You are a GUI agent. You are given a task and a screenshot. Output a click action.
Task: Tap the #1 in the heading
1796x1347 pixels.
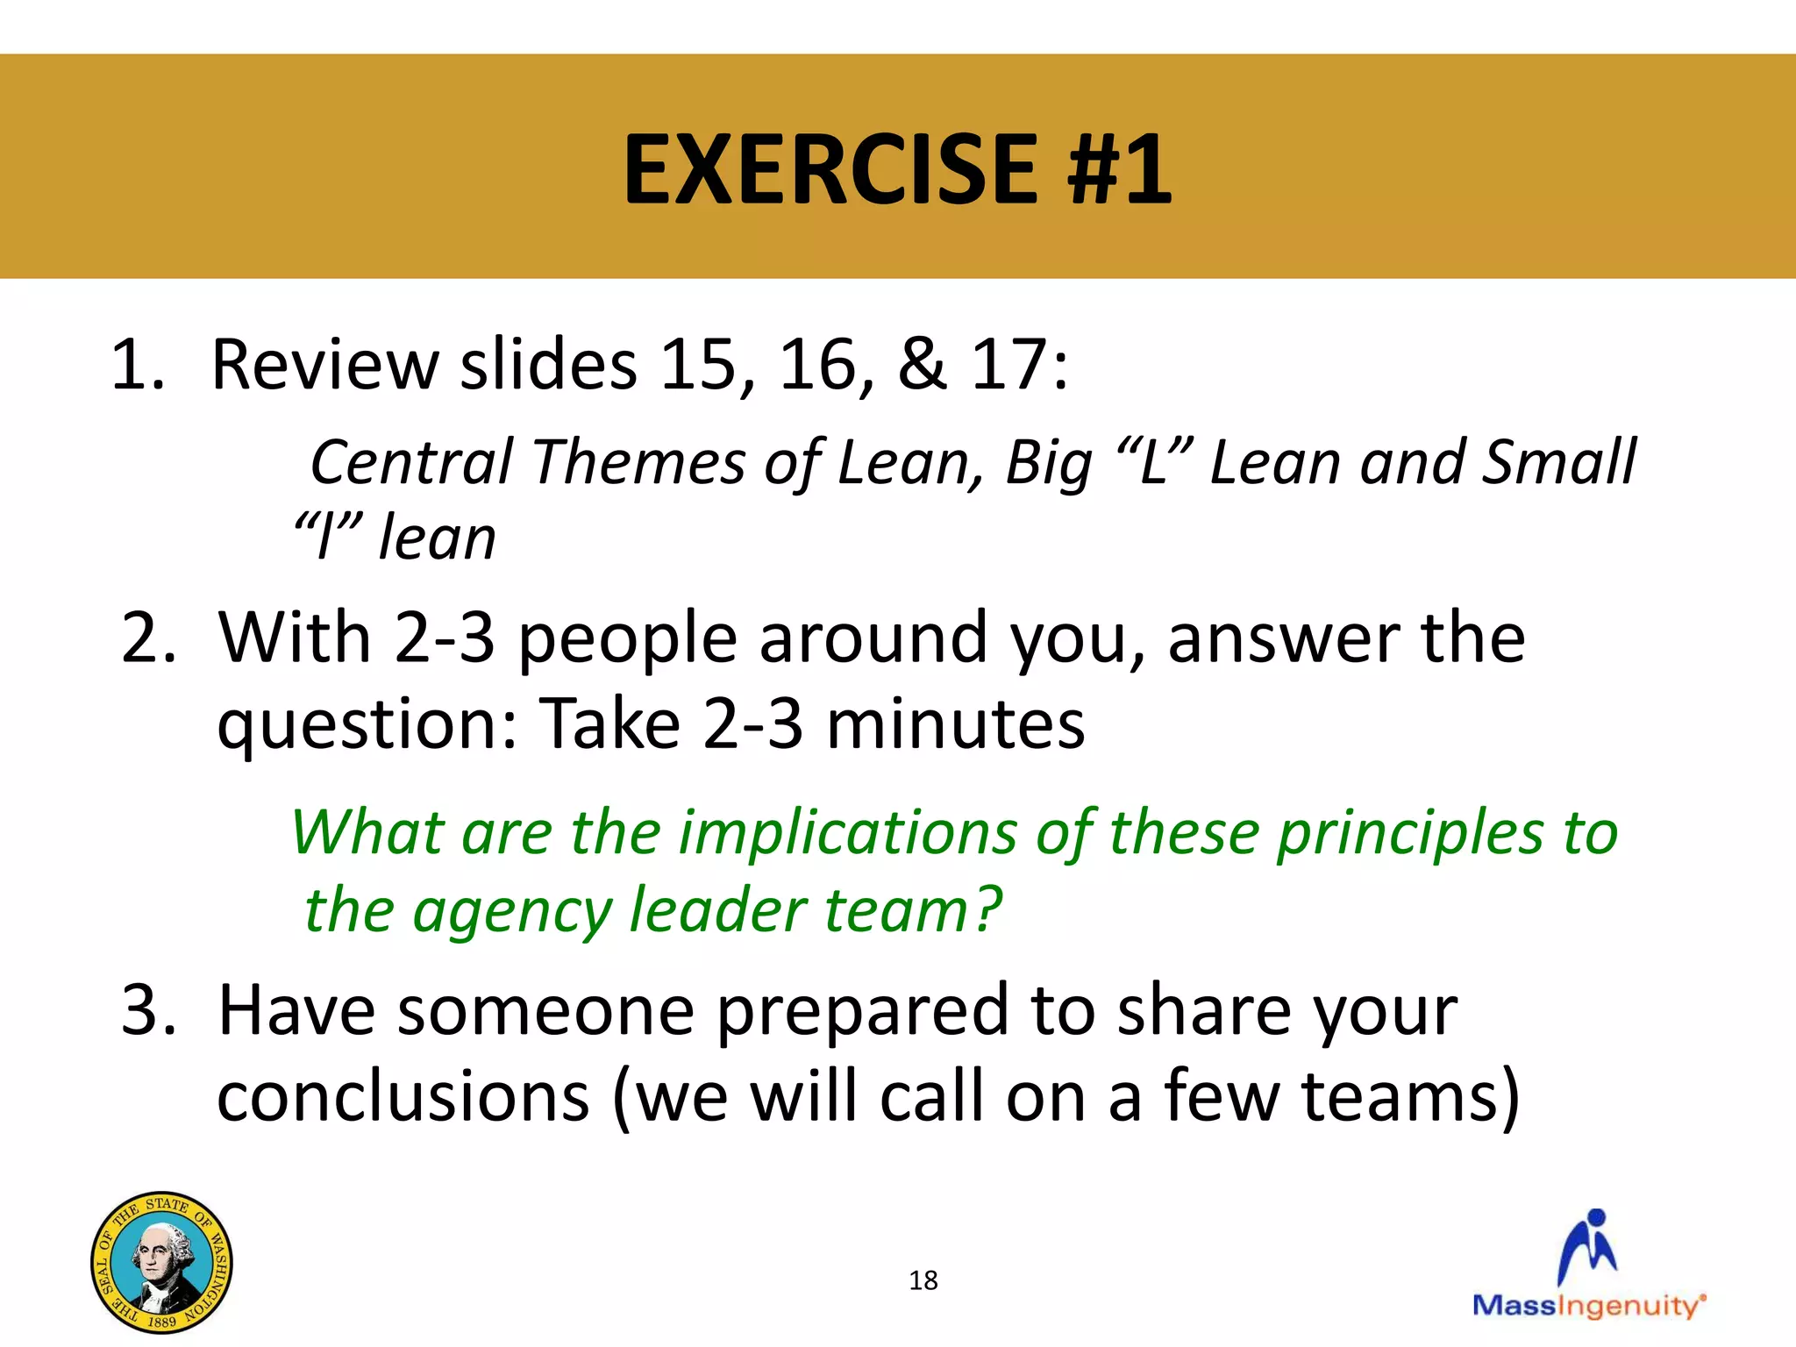click(x=1119, y=169)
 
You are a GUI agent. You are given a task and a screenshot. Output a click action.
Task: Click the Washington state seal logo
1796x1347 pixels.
click(x=161, y=1262)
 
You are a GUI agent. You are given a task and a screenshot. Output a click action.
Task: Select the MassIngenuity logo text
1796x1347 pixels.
click(x=1588, y=1306)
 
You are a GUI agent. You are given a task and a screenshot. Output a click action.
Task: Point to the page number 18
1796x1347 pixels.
click(x=923, y=1280)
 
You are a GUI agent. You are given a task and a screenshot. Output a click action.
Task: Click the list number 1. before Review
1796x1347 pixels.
click(x=138, y=364)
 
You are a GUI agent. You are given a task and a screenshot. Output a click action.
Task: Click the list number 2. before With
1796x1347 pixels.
click(x=148, y=638)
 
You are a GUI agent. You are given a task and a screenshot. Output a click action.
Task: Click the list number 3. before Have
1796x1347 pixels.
click(x=148, y=1010)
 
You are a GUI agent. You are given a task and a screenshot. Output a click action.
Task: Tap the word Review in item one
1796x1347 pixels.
click(x=325, y=364)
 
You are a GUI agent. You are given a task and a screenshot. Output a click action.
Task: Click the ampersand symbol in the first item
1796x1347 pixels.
click(x=922, y=364)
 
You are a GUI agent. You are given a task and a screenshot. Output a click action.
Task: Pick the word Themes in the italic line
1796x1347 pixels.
click(x=638, y=462)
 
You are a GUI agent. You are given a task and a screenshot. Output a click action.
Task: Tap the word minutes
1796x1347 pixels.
click(x=955, y=724)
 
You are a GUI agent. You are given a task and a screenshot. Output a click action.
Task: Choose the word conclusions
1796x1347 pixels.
click(x=403, y=1097)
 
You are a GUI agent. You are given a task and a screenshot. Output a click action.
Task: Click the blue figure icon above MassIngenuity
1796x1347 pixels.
click(x=1588, y=1246)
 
